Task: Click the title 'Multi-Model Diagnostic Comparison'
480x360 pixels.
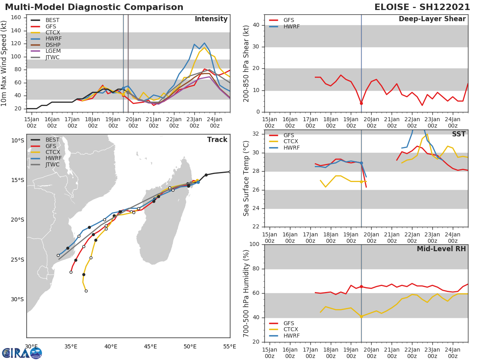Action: (x=94, y=7)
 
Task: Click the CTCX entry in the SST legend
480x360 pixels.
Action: (x=290, y=141)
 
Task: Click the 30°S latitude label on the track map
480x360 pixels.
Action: (x=17, y=299)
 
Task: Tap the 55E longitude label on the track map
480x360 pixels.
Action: (x=230, y=346)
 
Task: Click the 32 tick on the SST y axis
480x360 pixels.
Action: (x=255, y=134)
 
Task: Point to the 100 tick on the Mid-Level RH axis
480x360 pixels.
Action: (x=254, y=244)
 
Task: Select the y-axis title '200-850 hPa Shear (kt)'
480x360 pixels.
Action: (x=246, y=63)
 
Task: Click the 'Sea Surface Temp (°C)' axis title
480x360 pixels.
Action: (x=246, y=178)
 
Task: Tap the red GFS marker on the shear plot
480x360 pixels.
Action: (x=361, y=103)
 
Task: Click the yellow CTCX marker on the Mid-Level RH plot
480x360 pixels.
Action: (x=361, y=316)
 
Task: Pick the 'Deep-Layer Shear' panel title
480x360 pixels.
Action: (x=432, y=19)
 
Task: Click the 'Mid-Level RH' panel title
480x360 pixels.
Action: (x=441, y=249)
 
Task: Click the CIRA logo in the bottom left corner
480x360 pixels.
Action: (x=22, y=353)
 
